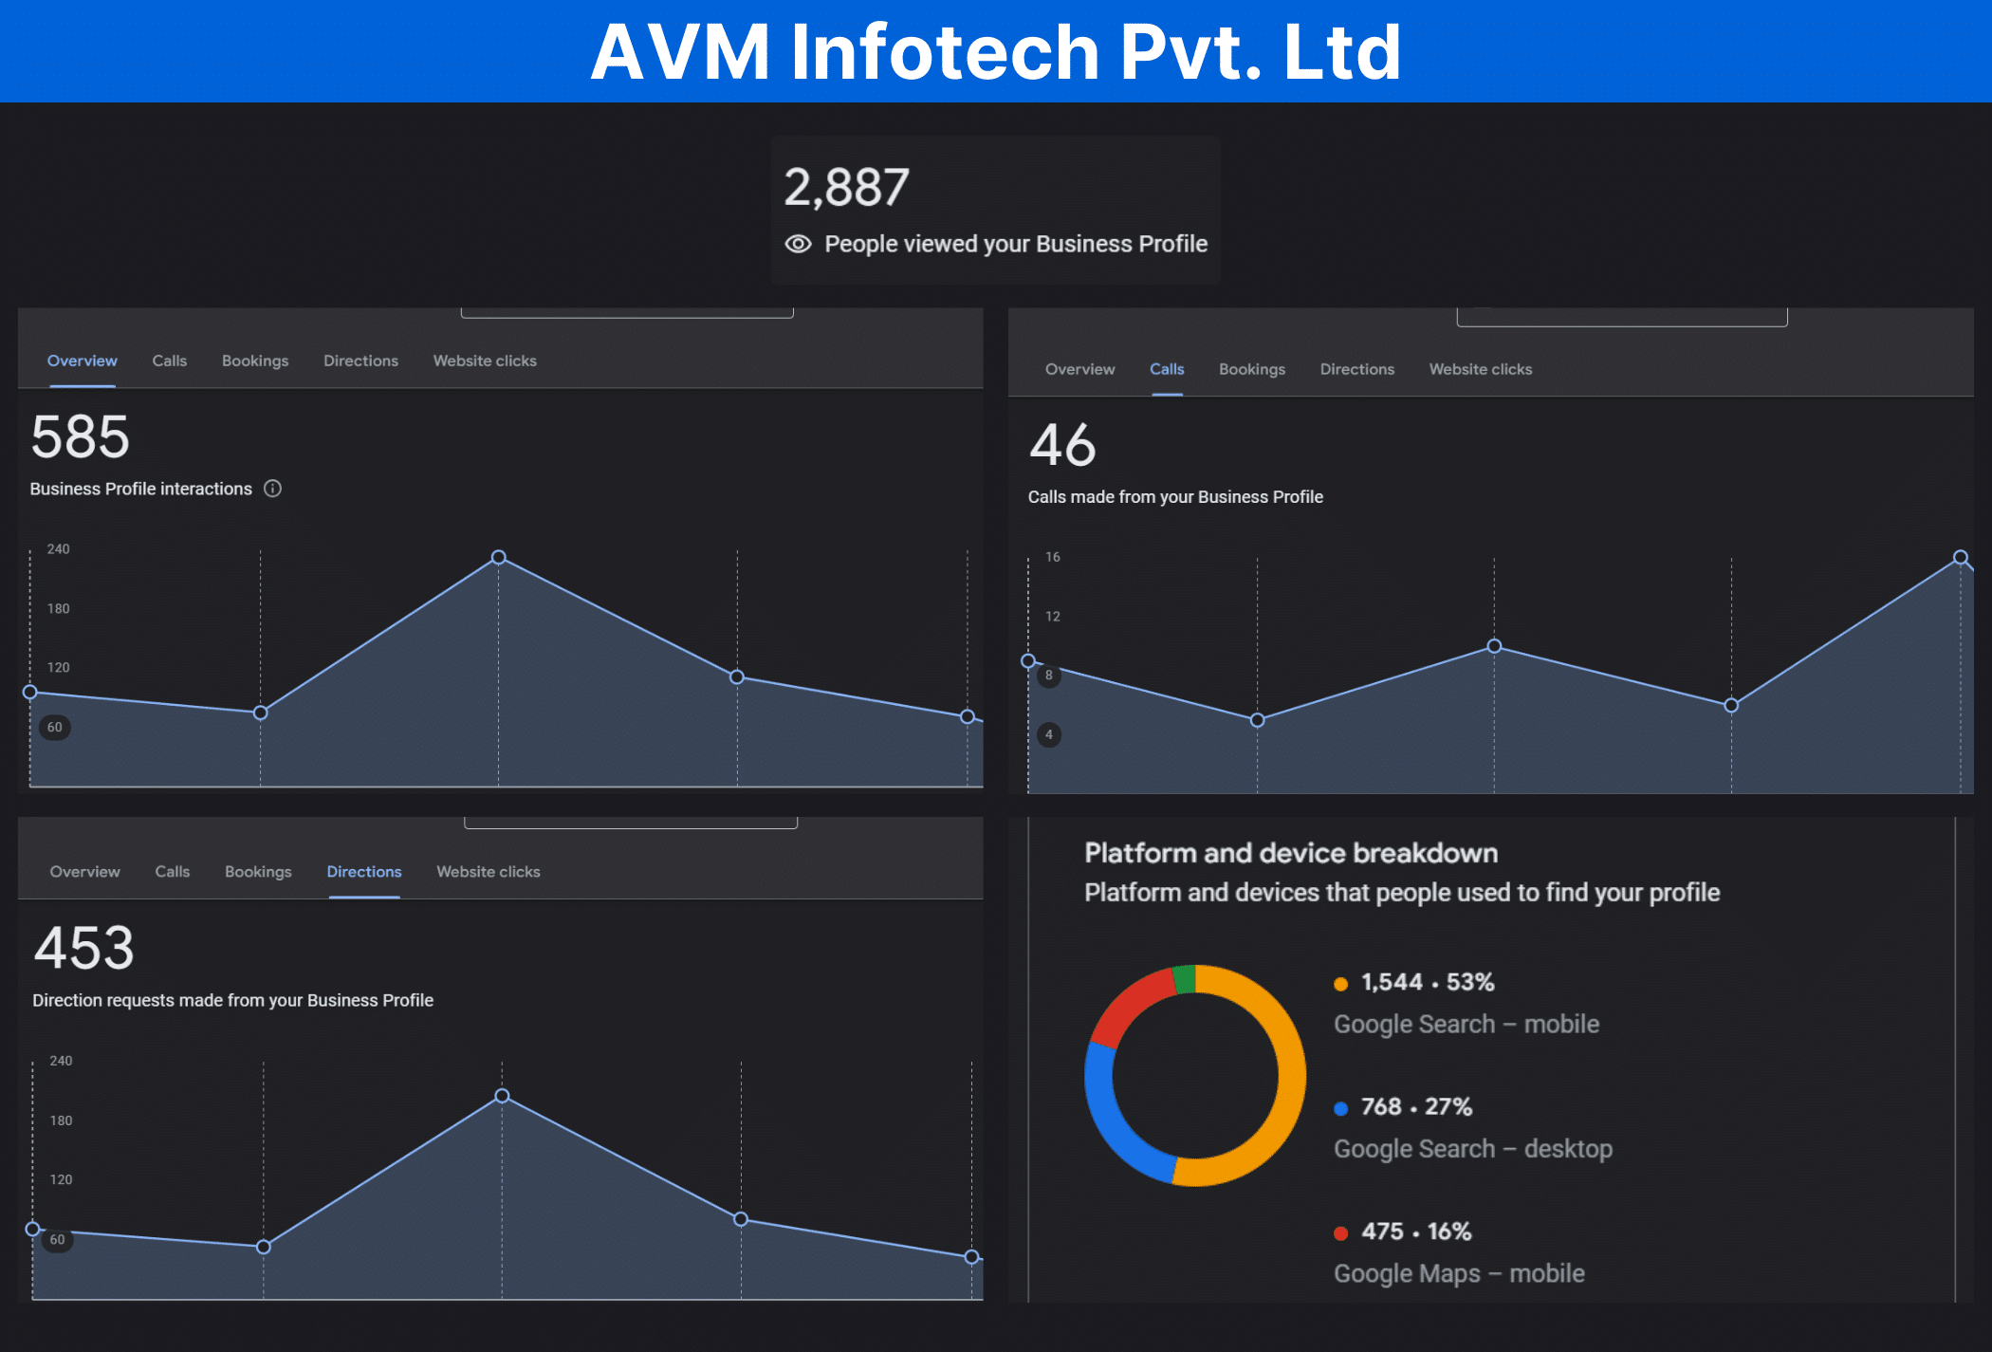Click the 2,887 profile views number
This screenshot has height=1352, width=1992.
click(x=846, y=187)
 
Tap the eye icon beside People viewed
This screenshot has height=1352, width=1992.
click(x=798, y=244)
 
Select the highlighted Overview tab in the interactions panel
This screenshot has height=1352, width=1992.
click(x=83, y=361)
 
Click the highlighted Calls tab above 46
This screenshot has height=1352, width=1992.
click(x=1167, y=369)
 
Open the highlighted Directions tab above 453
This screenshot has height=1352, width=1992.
click(x=364, y=871)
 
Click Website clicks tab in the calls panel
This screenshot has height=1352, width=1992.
click(x=1480, y=369)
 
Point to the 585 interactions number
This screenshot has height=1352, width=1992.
click(x=81, y=436)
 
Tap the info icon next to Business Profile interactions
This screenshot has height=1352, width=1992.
click(x=272, y=489)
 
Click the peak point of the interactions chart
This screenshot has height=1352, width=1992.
click(x=499, y=557)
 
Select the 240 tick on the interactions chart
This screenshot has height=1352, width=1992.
click(x=59, y=549)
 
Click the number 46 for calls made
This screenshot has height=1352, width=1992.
click(x=1062, y=445)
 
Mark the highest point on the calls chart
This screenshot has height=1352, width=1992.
click(x=1960, y=557)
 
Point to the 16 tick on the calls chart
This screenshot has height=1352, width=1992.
click(x=1053, y=557)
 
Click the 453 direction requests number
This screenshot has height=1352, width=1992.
click(x=84, y=948)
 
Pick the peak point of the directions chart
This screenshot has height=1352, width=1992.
click(x=503, y=1096)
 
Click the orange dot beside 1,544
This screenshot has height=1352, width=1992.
click(x=1340, y=984)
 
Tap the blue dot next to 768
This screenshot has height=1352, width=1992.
click(x=1340, y=1108)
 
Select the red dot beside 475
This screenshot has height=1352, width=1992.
click(x=1340, y=1233)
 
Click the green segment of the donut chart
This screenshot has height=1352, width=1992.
click(x=1184, y=979)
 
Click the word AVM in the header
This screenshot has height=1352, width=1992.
click(x=680, y=51)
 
